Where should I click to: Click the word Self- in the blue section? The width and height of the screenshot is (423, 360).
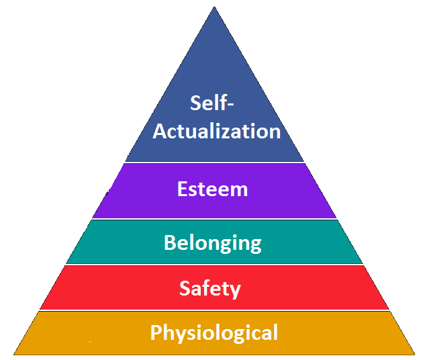tap(211, 103)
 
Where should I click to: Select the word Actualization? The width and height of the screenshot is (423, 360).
tap(217, 131)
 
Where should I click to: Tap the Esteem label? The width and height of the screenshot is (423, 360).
tap(212, 189)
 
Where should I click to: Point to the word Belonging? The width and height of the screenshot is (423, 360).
tap(213, 243)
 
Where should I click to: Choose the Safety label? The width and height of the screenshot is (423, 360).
tap(210, 289)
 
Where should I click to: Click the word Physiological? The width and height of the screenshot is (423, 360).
tap(214, 333)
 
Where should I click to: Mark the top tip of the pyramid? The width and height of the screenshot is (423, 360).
tap(214, 7)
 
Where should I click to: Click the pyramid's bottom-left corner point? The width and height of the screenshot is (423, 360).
tap(13, 354)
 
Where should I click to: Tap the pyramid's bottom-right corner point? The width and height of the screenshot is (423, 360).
tap(415, 354)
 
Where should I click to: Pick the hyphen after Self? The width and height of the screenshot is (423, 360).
tap(230, 104)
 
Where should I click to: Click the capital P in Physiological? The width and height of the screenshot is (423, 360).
tap(156, 332)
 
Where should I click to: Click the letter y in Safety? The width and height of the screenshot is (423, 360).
tap(235, 291)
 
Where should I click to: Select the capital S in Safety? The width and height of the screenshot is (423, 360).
tap(185, 288)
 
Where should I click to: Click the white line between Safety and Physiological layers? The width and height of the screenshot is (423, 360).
tap(214, 310)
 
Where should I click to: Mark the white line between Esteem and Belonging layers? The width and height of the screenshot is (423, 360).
tap(214, 219)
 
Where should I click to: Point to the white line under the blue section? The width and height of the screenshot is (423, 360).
tap(214, 163)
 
